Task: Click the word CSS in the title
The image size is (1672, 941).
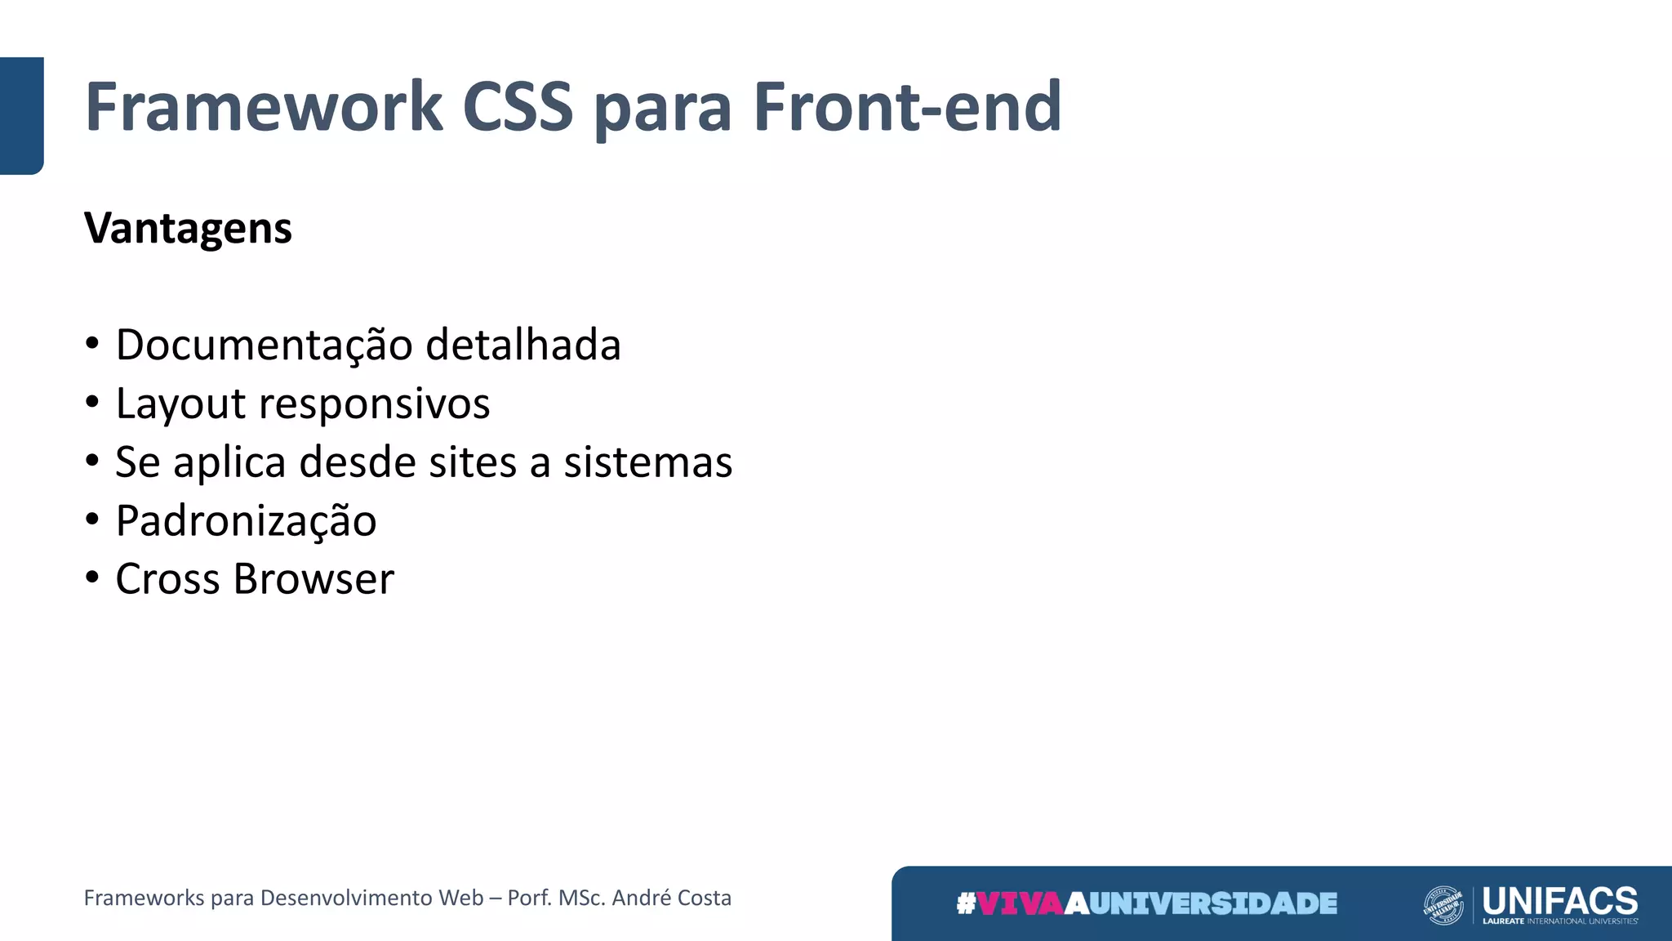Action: coord(518,107)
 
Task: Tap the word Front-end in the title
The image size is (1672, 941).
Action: coord(907,107)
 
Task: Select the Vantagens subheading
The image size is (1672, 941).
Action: coord(188,228)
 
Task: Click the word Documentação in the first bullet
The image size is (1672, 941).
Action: coord(265,345)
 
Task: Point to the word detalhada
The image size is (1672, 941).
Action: coord(523,345)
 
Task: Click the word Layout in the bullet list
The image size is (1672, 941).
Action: coord(180,404)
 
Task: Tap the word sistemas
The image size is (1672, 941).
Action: coord(648,462)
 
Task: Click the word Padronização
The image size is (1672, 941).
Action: coord(246,521)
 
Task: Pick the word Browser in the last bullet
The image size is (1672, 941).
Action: coord(313,579)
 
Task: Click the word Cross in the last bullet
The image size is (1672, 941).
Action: coord(168,579)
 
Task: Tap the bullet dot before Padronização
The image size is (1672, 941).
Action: coord(92,520)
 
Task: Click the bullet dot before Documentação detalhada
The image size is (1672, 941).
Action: coord(92,343)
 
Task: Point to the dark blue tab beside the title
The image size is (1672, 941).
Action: coord(21,115)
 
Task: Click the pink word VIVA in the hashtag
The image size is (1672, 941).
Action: coord(1021,903)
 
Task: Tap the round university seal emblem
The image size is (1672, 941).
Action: coord(1443,905)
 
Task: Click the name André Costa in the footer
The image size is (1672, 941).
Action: coord(671,898)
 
